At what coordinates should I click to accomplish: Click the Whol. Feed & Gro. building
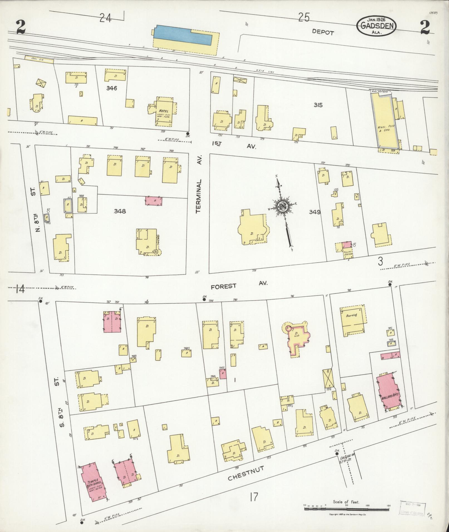(x=387, y=122)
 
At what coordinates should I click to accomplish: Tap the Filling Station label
(x=348, y=253)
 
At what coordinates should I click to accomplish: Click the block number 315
(x=318, y=105)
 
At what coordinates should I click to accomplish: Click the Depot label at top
(x=323, y=32)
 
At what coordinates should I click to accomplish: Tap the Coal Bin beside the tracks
(x=39, y=59)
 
